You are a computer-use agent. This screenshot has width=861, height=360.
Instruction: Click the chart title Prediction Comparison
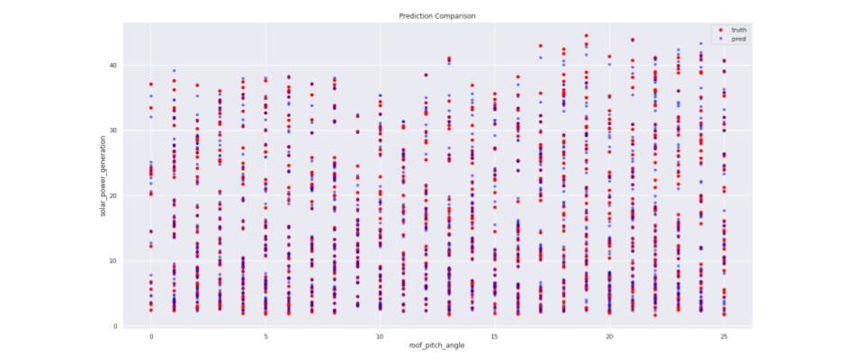(437, 16)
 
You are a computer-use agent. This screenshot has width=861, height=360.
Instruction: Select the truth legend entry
(738, 31)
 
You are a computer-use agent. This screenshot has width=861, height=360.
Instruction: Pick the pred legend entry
(738, 40)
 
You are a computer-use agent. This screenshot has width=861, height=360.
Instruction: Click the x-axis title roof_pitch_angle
(437, 346)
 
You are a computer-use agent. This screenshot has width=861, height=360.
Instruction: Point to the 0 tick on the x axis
(151, 335)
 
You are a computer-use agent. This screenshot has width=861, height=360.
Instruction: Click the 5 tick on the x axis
(265, 335)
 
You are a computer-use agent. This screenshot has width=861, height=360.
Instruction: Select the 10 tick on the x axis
(380, 335)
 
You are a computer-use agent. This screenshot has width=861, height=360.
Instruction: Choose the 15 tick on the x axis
(495, 335)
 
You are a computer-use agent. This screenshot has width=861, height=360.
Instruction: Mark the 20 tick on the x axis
(609, 335)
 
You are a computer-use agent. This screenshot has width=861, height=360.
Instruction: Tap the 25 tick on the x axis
(723, 335)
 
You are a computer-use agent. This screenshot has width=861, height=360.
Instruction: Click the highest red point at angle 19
(586, 36)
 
